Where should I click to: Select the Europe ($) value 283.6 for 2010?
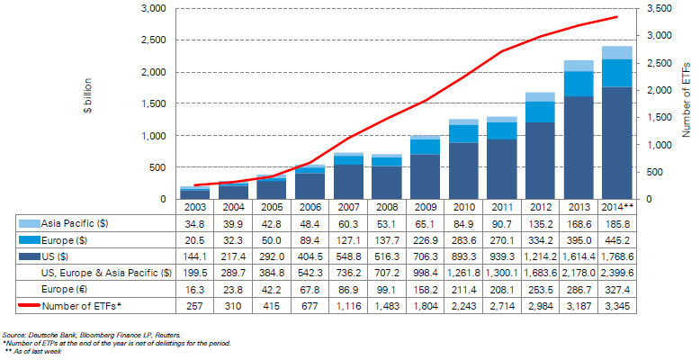pos(464,239)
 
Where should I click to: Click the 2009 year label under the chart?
pos(426,207)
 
